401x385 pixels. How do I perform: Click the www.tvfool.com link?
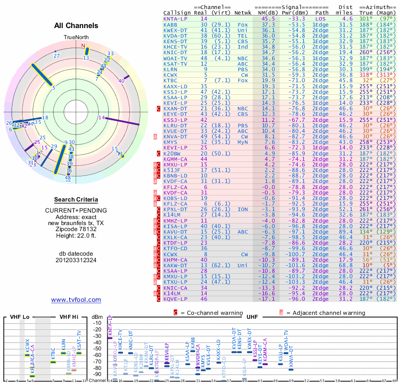click(x=76, y=300)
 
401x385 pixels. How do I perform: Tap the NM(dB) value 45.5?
click(x=268, y=19)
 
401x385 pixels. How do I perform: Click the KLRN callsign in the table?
click(x=170, y=69)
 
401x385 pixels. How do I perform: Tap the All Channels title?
click(x=76, y=26)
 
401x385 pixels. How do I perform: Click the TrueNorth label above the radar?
click(x=76, y=38)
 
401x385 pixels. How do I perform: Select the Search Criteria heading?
click(x=76, y=200)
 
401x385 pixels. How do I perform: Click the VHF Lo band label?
click(x=19, y=318)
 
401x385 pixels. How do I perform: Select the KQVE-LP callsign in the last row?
click(x=176, y=299)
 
